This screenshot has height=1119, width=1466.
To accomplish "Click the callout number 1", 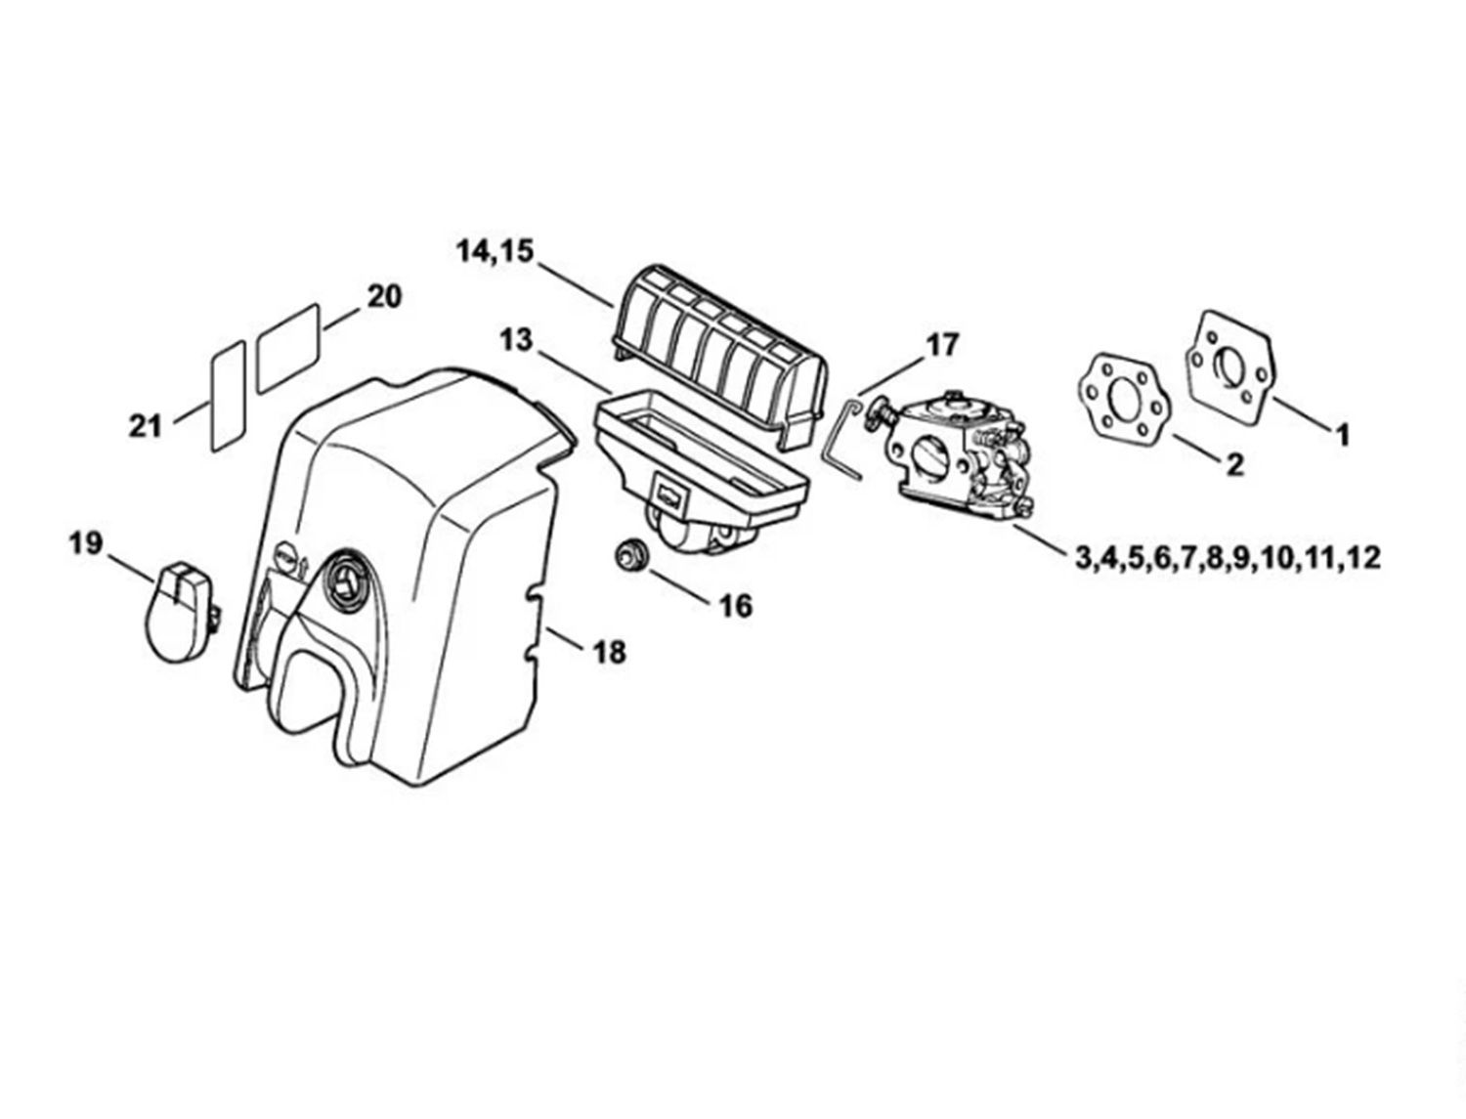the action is [x=1343, y=435].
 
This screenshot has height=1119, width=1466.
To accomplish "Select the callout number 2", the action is [x=1235, y=464].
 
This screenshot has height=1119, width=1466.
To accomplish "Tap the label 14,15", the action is [x=495, y=252].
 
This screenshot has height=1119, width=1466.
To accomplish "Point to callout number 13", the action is [x=516, y=340].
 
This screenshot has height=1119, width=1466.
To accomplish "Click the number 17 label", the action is [x=941, y=345].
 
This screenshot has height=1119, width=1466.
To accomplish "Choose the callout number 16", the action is [x=735, y=606].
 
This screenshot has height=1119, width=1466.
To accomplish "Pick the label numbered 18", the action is [x=610, y=652].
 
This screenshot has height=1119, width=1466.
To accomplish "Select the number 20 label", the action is [x=384, y=296].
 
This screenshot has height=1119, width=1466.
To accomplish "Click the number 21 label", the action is [x=145, y=426].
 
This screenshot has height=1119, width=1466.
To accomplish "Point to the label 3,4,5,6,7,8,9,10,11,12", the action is [x=1228, y=557].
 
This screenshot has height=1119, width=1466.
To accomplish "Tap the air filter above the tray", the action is [x=721, y=357].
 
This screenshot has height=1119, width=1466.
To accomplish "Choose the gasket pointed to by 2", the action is [x=1125, y=406].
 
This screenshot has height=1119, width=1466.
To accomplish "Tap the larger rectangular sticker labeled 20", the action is [x=288, y=349].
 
